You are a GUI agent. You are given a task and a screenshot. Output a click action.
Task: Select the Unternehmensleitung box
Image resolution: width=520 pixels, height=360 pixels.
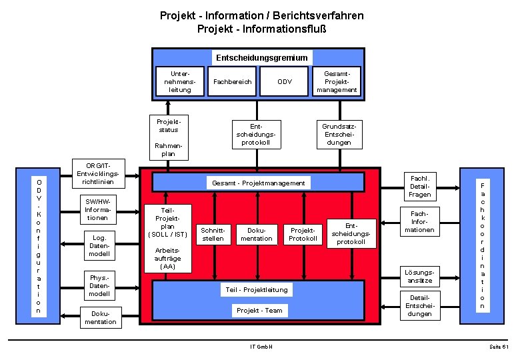[180, 81]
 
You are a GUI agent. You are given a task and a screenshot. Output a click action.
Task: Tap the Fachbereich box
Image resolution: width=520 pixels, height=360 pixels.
[232, 82]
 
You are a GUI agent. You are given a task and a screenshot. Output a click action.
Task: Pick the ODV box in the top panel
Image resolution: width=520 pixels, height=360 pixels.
[284, 82]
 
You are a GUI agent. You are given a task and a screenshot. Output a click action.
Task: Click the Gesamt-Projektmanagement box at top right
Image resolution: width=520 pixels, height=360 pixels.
[337, 81]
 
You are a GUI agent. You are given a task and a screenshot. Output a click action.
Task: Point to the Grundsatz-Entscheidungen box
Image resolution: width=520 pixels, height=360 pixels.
[339, 134]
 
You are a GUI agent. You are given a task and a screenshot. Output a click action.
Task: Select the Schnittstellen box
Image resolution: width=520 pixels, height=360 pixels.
[213, 234]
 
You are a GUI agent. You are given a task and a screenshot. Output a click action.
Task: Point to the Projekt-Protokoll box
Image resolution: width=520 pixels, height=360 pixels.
[303, 234]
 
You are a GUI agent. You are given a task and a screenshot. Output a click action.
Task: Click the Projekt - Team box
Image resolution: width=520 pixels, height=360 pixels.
[259, 310]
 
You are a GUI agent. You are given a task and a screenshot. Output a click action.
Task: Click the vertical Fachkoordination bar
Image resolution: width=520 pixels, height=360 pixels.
[483, 244]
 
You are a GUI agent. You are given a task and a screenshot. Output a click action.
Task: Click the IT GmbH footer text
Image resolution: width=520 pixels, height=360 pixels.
[261, 347]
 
